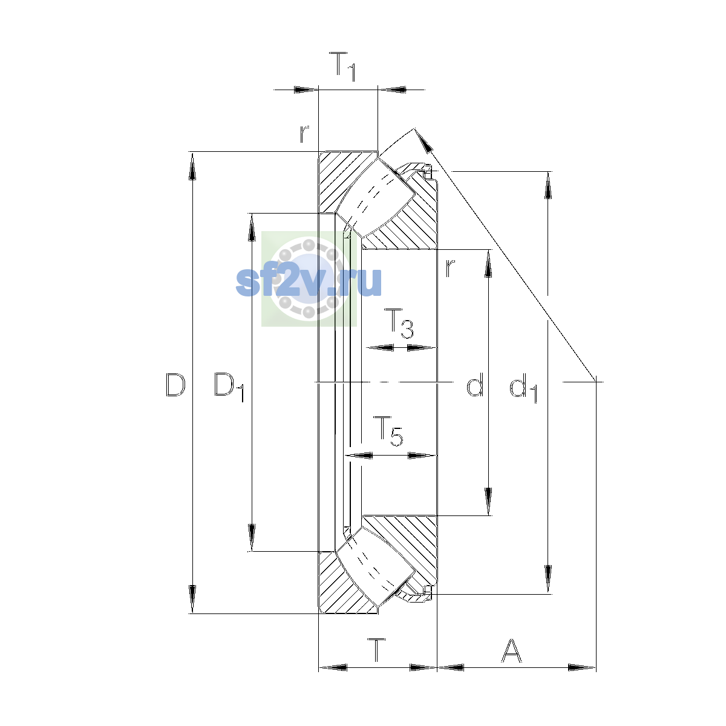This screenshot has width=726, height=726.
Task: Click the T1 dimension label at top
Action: [342, 67]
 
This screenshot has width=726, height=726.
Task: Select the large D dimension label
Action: [175, 385]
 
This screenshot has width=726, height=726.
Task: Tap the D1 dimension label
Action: [229, 387]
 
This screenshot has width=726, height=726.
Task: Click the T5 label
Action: [388, 431]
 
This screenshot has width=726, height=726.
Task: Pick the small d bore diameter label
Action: [475, 384]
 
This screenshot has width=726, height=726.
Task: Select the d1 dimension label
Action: [523, 387]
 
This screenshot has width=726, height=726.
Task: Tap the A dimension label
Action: [511, 650]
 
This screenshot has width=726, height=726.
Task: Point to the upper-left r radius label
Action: [304, 134]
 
